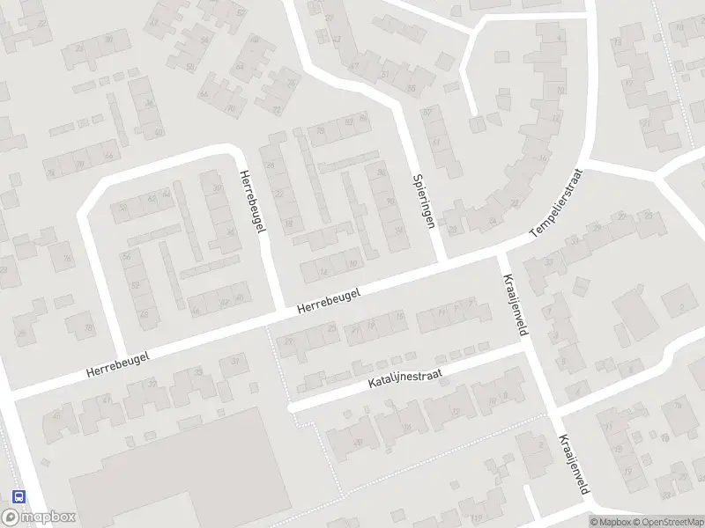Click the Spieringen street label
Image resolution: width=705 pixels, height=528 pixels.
click(x=424, y=201)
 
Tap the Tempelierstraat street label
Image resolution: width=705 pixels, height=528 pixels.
click(x=557, y=204)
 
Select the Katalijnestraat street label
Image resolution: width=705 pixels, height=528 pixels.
click(x=404, y=380)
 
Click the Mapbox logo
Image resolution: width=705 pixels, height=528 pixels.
click(x=39, y=517)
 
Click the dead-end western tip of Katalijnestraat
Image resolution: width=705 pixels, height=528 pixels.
click(x=292, y=408)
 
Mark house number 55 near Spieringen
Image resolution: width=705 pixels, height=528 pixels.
click(x=411, y=89)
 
